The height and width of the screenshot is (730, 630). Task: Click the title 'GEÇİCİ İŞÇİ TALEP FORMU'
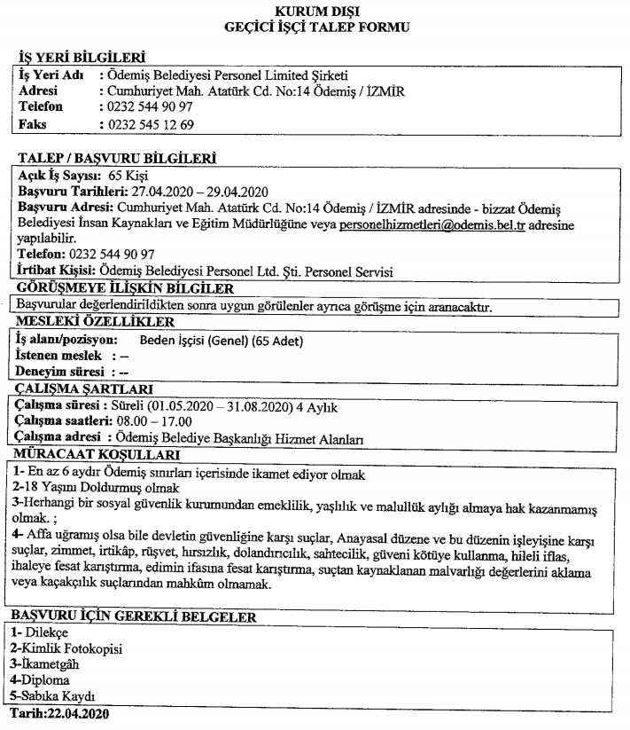point(315,27)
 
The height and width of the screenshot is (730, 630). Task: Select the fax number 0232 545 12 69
point(149,123)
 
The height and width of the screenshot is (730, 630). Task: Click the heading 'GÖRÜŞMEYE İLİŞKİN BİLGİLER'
point(124,288)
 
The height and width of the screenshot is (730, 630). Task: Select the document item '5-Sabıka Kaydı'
point(51,695)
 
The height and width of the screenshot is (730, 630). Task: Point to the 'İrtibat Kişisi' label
point(56,271)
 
